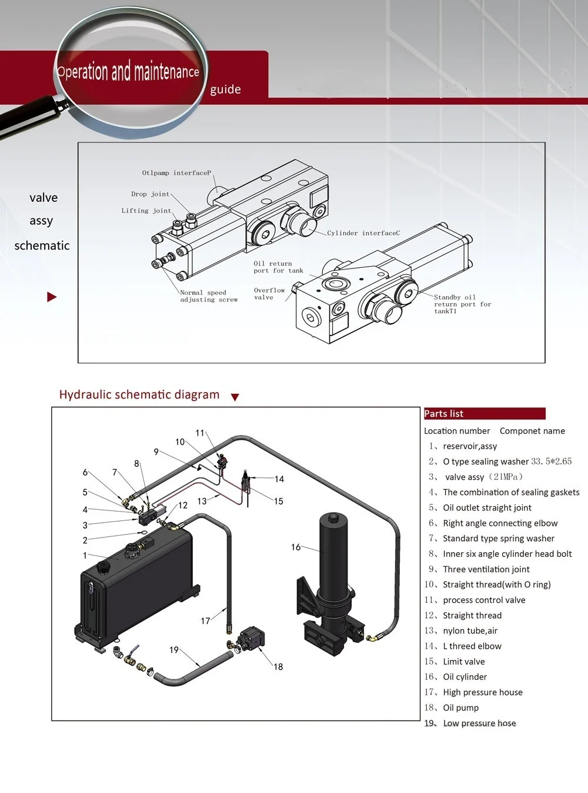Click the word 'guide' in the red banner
tap(225, 89)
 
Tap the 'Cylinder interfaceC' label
tap(363, 233)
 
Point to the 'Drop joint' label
tap(150, 194)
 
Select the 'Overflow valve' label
tap(269, 294)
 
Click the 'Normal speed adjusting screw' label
tap(208, 296)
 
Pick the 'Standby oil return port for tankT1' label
tap(462, 304)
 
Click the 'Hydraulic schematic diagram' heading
tap(139, 395)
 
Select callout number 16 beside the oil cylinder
tap(296, 547)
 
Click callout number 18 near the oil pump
tap(278, 666)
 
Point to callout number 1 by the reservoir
tap(85, 555)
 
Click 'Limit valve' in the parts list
tap(463, 662)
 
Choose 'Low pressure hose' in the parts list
tap(479, 723)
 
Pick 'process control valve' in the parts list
tap(484, 600)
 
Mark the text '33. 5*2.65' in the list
tap(551, 462)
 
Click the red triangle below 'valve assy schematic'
tap(52, 297)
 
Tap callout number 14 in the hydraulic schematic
tap(279, 479)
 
